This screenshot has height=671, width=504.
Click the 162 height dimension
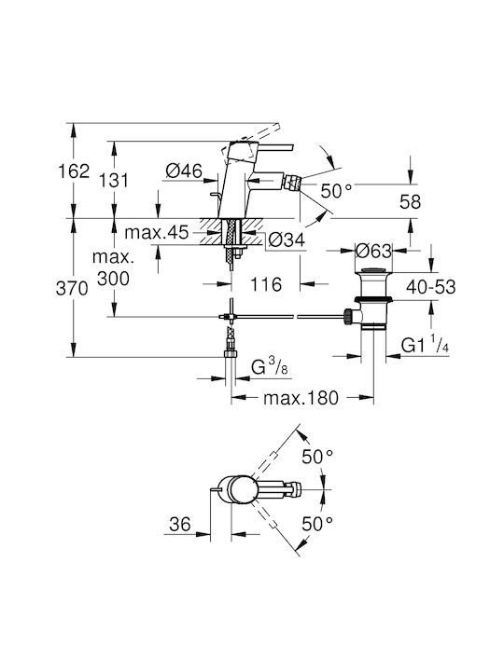point(74,171)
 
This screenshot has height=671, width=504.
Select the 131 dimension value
point(113,180)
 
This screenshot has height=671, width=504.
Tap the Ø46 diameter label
point(184,171)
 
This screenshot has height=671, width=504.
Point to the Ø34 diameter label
point(287,240)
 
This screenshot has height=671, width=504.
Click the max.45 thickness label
point(157,232)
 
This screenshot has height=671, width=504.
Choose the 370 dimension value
point(72,289)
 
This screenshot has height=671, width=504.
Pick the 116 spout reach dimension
point(266,284)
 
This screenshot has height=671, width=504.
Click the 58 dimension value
point(410,201)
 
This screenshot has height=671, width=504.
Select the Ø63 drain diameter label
point(373,251)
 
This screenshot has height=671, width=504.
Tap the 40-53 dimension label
point(431,287)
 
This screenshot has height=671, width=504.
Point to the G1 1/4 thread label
point(425,345)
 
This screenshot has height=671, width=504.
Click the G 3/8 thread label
point(270,367)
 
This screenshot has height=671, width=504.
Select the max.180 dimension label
point(301,398)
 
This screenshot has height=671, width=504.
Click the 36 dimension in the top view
point(179,524)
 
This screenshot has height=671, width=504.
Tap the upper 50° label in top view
point(317,457)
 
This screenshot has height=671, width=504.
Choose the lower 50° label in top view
point(317,524)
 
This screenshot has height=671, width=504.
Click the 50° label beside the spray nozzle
point(336,191)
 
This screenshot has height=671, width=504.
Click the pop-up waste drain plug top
point(374,270)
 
